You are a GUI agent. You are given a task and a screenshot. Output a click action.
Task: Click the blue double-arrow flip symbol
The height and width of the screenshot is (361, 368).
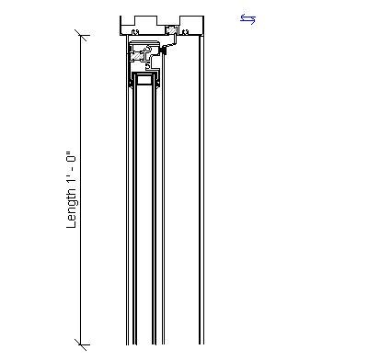(x=247, y=18)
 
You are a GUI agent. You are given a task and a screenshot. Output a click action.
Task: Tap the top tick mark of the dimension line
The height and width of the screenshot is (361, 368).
(x=83, y=37)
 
